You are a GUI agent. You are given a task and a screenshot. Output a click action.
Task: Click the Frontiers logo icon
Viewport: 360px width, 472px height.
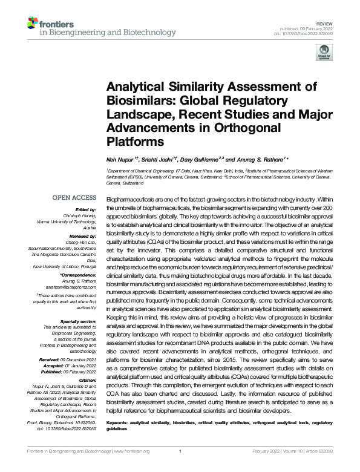[x=33, y=25]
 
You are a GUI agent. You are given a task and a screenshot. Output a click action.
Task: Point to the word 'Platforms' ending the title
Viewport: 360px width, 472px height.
[x=136, y=142]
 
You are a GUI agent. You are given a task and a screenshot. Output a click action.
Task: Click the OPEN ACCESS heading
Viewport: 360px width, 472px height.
[x=74, y=198]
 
